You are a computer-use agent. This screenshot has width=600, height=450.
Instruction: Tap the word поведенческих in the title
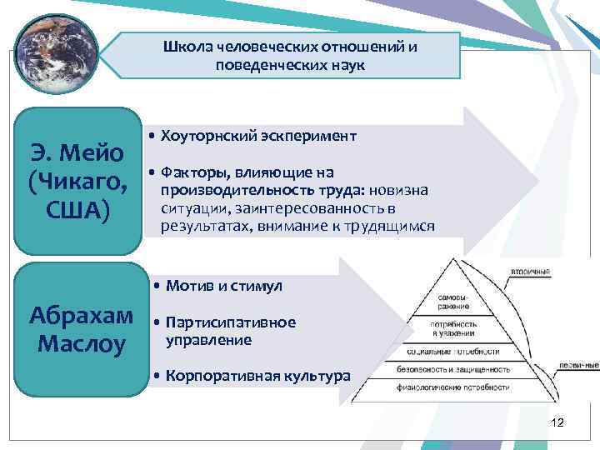click(x=257, y=65)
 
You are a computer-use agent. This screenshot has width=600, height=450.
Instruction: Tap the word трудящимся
click(x=391, y=226)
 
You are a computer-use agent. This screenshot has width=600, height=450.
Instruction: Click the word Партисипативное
click(x=231, y=322)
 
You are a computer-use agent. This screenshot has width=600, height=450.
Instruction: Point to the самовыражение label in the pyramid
click(x=455, y=301)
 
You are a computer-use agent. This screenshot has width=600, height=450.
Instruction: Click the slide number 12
click(x=557, y=423)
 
